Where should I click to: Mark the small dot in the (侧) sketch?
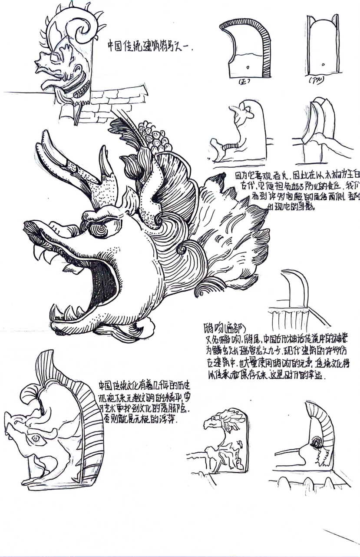tap(323, 65)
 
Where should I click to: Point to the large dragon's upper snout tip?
tap(30, 226)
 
